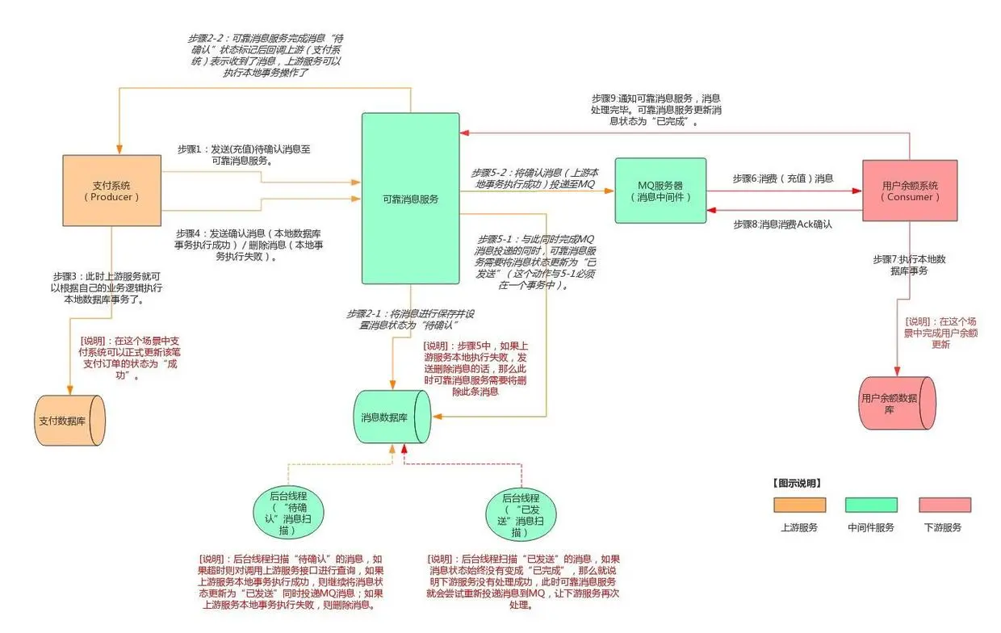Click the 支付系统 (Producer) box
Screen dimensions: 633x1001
tap(112, 191)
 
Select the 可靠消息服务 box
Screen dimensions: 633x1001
tap(410, 199)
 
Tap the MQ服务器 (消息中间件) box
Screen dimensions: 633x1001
tap(660, 191)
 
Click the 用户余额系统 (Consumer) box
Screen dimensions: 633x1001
tap(910, 191)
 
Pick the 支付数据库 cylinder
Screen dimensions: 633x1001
tap(70, 420)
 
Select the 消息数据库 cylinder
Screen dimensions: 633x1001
tap(393, 417)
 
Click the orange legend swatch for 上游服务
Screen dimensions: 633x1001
tap(799, 505)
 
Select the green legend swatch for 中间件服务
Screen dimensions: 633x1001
tap(871, 505)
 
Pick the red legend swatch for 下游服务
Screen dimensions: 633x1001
tap(944, 505)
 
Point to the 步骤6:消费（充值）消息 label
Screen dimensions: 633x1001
tap(782, 178)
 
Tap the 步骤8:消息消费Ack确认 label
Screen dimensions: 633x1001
tap(782, 224)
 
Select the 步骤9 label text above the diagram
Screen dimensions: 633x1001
tap(655, 110)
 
